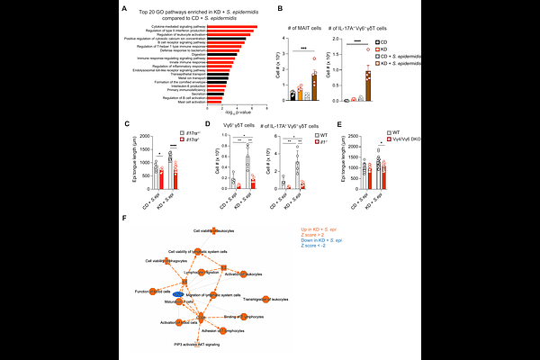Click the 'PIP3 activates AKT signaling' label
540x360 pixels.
(196, 344)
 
